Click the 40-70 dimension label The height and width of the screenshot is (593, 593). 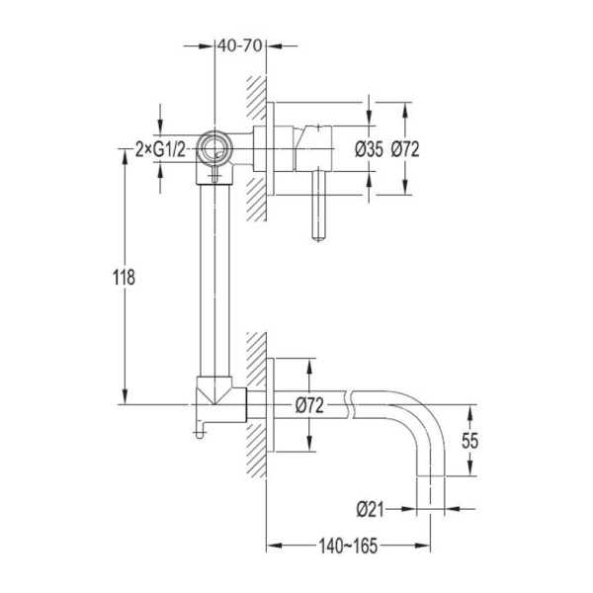click(x=240, y=45)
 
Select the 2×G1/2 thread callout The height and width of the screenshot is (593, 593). click(x=161, y=150)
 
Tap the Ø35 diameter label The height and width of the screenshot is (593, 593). click(x=369, y=149)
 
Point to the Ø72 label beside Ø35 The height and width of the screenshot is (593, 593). click(x=405, y=149)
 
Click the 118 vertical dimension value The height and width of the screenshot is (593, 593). click(x=125, y=277)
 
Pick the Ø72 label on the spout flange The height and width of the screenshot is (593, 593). click(x=309, y=406)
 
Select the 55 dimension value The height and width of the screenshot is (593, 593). click(x=470, y=441)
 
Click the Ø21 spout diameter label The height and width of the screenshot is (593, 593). click(x=370, y=509)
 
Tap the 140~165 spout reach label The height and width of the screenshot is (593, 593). click(x=348, y=546)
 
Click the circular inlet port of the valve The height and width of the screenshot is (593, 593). click(x=214, y=148)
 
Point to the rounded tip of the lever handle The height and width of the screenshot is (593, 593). click(x=319, y=237)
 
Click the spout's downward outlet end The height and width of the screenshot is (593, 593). click(x=430, y=475)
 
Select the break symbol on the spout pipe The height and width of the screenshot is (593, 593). click(x=350, y=404)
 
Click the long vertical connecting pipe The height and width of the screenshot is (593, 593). click(x=214, y=281)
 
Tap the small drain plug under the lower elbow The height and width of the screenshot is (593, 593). click(x=200, y=434)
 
